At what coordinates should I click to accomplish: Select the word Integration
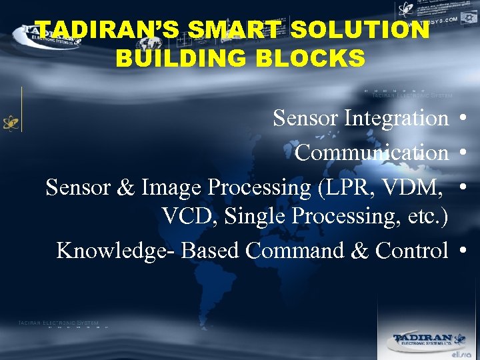[396, 119]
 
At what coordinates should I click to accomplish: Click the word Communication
[371, 153]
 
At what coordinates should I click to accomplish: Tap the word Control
[411, 251]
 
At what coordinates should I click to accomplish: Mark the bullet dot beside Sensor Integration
[461, 119]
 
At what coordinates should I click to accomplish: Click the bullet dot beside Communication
[461, 153]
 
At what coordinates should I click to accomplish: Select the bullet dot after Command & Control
[461, 251]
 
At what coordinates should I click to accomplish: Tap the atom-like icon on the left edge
[11, 123]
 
